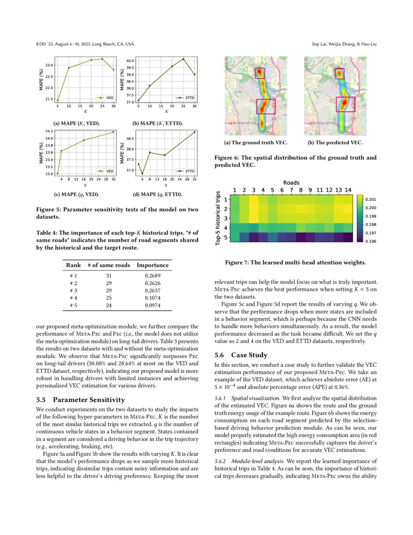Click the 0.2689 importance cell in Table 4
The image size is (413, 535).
153,275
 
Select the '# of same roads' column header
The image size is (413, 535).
109,265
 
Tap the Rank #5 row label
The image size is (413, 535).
74,305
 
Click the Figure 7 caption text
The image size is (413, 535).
295,263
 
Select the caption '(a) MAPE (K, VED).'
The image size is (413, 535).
78,123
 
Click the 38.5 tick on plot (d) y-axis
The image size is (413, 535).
129,139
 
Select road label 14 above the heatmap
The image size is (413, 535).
348,190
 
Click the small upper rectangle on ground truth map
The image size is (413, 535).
260,73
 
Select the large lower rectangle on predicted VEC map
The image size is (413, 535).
345,104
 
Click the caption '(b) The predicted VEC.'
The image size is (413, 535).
335,143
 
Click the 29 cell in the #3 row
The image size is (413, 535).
109,290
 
